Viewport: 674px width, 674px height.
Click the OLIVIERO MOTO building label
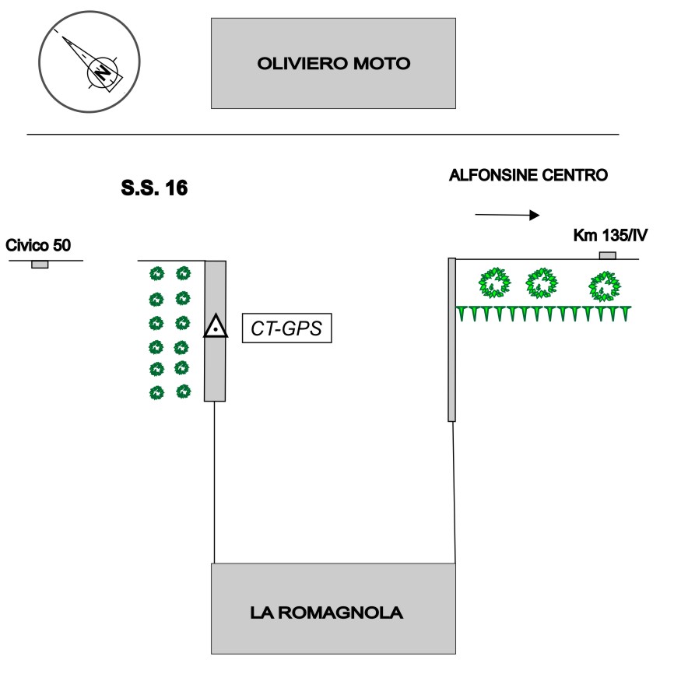[x=333, y=64]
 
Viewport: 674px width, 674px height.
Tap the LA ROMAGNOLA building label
[x=327, y=613]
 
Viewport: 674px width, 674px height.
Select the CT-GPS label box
[x=286, y=328]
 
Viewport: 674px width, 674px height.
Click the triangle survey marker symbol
[x=215, y=327]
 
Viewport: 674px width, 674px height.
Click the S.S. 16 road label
[x=155, y=188]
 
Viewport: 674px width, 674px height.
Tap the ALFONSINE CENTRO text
[x=528, y=176]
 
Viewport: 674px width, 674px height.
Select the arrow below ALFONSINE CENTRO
[x=506, y=214]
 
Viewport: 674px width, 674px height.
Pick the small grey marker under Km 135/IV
[x=607, y=255]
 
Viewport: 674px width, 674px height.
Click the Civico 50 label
[x=38, y=246]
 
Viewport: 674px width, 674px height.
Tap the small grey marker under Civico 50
[x=39, y=265]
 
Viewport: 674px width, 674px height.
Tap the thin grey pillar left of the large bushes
[x=451, y=339]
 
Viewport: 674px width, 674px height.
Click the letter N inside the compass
[x=102, y=72]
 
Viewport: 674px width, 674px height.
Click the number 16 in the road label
[x=177, y=188]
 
